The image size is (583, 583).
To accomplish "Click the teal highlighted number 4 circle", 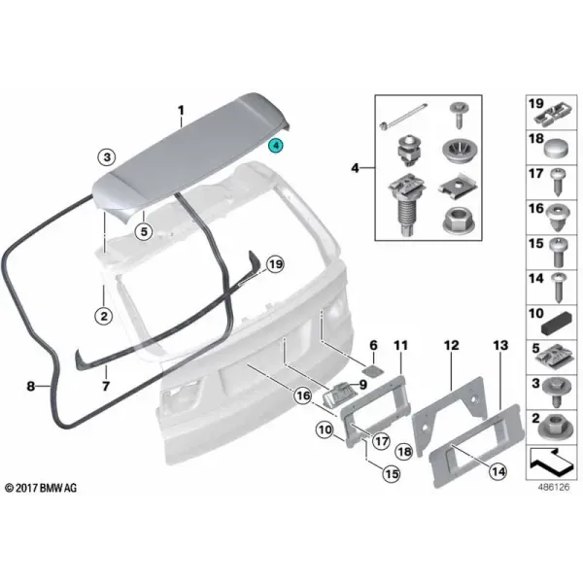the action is coord(276,146).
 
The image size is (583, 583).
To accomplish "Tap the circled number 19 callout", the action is coord(275,264).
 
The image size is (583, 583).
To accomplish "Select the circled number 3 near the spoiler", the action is coord(107,157).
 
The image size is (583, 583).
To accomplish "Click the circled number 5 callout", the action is coord(144,231).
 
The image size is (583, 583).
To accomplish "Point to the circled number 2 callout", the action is coord(104,316).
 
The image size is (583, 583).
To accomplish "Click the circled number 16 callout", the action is coord(303,395).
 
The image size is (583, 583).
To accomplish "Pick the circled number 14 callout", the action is coord(498,471).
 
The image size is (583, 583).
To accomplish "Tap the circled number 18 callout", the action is coord(404,452).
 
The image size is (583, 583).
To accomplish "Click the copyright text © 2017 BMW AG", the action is coord(41,488).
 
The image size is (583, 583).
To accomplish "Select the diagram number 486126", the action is coord(554,487).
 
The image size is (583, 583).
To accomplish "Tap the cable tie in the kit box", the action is coord(403,116).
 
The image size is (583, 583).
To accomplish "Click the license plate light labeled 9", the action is coord(339,394).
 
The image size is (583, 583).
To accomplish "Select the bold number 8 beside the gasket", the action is coord(30,386).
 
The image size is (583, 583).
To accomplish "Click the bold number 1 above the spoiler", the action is coord(181,111).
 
